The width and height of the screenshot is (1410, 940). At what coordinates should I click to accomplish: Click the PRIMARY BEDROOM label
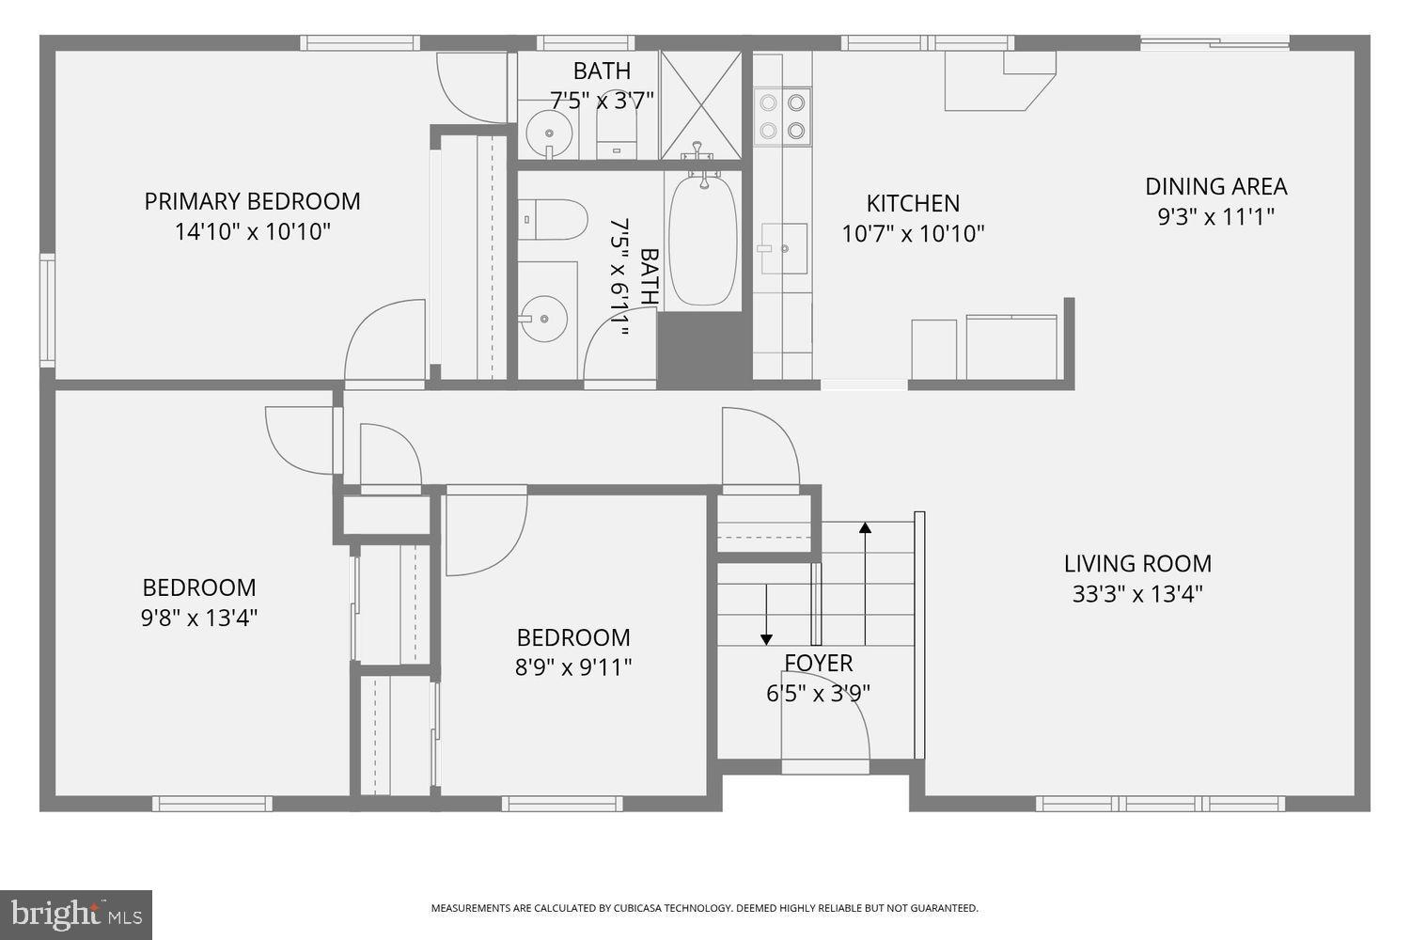(252, 201)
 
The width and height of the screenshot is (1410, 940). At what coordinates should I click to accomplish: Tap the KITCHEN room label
(913, 203)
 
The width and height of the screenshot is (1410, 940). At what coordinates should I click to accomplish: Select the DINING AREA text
(1215, 186)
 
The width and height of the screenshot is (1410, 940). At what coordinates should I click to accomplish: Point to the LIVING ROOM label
(1137, 563)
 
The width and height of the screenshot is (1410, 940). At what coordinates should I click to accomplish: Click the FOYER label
(819, 663)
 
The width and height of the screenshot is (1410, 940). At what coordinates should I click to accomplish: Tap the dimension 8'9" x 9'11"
(573, 667)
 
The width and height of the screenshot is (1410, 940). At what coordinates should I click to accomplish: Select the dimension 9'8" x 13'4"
(198, 618)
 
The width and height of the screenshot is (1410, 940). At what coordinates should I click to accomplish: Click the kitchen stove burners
(783, 116)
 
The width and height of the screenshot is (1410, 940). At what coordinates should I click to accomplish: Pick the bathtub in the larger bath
(703, 242)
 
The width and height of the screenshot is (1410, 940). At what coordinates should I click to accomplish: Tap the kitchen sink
(783, 248)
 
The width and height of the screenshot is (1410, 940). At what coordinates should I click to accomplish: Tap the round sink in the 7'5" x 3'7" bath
(545, 133)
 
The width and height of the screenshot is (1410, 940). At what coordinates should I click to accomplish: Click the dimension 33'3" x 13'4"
(1137, 594)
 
